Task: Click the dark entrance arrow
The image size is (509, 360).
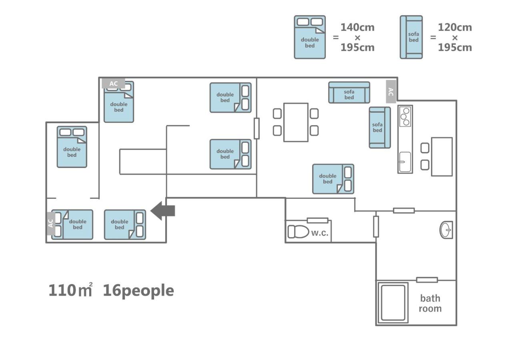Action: coord(162,211)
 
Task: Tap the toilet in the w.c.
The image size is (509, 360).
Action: coord(299,231)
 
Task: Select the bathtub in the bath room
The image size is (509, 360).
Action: coord(393,302)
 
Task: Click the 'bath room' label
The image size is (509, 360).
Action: coord(430,303)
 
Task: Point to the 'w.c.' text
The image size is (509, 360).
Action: coord(319,233)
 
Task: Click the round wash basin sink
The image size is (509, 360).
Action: coord(446,230)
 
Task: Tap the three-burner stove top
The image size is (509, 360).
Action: coord(405,116)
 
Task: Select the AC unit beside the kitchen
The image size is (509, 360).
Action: coord(391,92)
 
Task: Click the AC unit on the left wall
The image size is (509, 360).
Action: coord(51,223)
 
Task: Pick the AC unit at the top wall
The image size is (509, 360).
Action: coord(114,84)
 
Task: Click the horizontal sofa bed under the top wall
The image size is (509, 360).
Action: coord(349,93)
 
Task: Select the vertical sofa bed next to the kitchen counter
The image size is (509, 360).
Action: coord(379,128)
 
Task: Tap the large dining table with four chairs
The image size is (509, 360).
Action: coord(296,122)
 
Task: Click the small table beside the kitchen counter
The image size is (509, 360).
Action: coord(441,156)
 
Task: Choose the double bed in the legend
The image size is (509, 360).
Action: coord(310,37)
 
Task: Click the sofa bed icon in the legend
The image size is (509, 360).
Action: coord(411,37)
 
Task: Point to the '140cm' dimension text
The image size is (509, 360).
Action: coord(357,27)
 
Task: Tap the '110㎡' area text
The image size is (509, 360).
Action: coord(70,290)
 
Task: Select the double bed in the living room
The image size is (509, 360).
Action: coord(333,179)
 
